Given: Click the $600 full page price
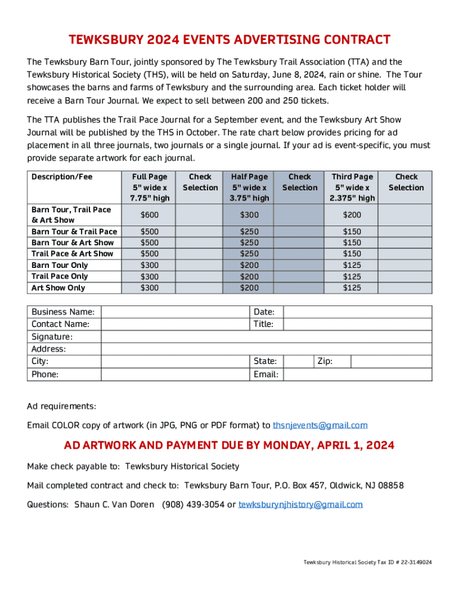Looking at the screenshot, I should click(149, 215).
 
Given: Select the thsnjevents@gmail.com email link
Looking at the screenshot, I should click(320, 425).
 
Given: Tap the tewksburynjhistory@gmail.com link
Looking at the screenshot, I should click(300, 505).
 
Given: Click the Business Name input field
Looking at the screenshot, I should click(175, 312).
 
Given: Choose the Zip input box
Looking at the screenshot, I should click(391, 362).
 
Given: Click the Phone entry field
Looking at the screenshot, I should click(175, 375).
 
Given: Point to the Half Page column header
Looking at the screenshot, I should click(249, 187).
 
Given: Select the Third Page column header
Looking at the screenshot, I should click(352, 187).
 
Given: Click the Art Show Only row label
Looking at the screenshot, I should click(58, 288).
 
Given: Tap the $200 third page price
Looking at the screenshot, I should click(352, 215).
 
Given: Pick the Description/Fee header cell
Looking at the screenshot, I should click(62, 177).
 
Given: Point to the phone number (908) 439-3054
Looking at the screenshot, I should click(191, 505).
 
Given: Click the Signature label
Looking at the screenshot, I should click(52, 337).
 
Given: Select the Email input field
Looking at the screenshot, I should click(357, 375).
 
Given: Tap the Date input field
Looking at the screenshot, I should click(357, 312).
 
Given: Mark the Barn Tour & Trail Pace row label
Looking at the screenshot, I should click(74, 232).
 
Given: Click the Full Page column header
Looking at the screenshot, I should click(149, 187).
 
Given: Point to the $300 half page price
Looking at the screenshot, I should click(249, 215).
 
